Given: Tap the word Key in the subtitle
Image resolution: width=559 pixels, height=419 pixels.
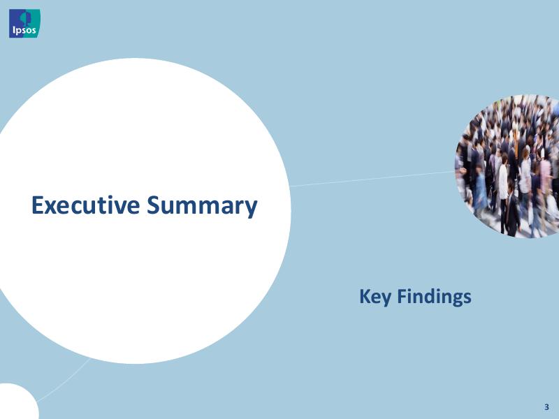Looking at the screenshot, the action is click(x=375, y=297).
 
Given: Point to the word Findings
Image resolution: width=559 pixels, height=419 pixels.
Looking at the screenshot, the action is click(x=434, y=297).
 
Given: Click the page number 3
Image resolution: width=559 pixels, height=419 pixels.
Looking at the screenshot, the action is click(x=546, y=406).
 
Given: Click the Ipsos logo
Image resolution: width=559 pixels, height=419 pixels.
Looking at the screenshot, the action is click(x=24, y=23).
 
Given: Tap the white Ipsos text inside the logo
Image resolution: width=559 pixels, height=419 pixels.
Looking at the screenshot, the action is click(x=23, y=30).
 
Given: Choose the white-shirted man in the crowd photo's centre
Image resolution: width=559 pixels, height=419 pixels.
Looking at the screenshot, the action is click(x=502, y=178).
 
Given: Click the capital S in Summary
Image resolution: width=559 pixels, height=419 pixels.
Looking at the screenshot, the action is click(x=153, y=205).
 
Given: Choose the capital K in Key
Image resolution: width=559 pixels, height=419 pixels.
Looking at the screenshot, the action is click(x=365, y=297).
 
